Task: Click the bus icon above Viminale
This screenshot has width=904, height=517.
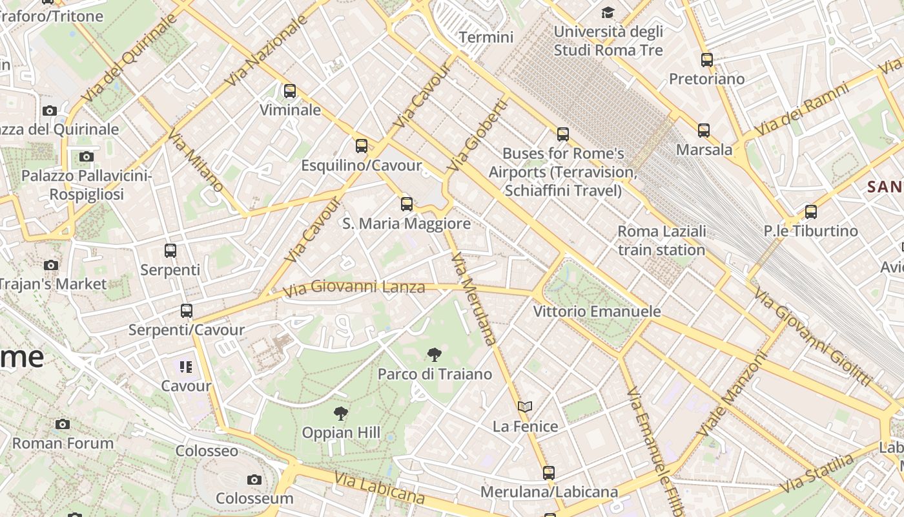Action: pyautogui.click(x=290, y=91)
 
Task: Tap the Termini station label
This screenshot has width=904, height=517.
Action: pyautogui.click(x=486, y=37)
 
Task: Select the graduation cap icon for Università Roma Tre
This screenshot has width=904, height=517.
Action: pyautogui.click(x=608, y=12)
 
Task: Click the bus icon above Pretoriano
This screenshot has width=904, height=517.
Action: pyautogui.click(x=707, y=60)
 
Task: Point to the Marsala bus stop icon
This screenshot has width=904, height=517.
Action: pyautogui.click(x=704, y=131)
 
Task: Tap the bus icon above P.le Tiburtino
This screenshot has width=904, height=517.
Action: pyautogui.click(x=811, y=212)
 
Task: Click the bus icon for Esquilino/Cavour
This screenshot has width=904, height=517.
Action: pyautogui.click(x=362, y=146)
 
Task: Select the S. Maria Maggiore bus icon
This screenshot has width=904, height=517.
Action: pyautogui.click(x=407, y=204)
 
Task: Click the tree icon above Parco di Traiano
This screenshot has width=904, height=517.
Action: pyautogui.click(x=435, y=354)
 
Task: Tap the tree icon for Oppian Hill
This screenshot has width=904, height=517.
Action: pyautogui.click(x=341, y=414)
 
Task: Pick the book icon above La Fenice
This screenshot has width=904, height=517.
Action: pyautogui.click(x=525, y=407)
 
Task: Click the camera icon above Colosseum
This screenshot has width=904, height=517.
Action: pyautogui.click(x=254, y=480)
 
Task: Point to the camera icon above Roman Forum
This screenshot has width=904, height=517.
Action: pyautogui.click(x=63, y=425)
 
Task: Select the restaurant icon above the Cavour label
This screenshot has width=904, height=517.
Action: pyautogui.click(x=186, y=367)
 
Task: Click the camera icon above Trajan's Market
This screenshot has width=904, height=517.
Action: pyautogui.click(x=51, y=265)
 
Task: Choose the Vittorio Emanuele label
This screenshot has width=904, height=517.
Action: pyautogui.click(x=597, y=311)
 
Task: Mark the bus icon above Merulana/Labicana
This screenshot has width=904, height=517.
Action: pyautogui.click(x=549, y=473)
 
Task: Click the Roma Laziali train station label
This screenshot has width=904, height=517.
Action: pyautogui.click(x=661, y=240)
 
